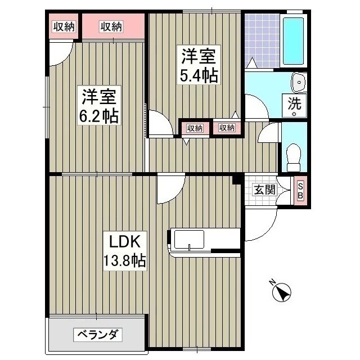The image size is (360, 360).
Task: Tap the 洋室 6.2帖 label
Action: pos(98,106)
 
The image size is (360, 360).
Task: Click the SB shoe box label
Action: pos(300,191)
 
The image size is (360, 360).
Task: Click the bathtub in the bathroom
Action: pos(294,43)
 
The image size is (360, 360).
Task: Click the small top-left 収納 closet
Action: pos(64,26)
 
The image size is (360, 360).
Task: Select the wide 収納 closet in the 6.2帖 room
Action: pos(111,26)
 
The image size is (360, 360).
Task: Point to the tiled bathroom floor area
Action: pos(262,39)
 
